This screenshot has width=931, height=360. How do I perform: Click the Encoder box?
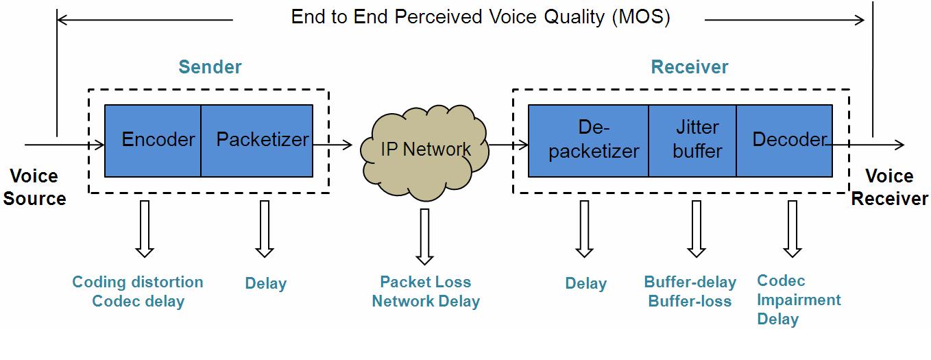pos(152,141)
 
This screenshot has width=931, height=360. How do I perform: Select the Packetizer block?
pos(257,141)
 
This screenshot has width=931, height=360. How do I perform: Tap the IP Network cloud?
pos(425,152)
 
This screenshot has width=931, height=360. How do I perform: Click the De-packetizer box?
pos(588,141)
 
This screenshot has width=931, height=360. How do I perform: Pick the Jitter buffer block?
pos(692,141)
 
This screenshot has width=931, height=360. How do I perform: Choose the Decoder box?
pos(784,141)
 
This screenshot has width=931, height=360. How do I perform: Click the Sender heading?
pos(210,67)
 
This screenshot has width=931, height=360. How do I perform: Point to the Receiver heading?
pos(690,67)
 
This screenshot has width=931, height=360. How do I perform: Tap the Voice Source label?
pos(34,187)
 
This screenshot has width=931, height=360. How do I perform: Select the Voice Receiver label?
pos(889,187)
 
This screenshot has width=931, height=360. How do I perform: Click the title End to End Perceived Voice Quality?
pos(481,17)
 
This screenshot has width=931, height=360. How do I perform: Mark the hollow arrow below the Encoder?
pos(145,229)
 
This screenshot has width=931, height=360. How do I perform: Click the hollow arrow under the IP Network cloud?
pos(425,237)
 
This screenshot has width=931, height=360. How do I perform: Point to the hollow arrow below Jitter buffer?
pos(697,229)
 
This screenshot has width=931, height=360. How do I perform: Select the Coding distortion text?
pos(138,282)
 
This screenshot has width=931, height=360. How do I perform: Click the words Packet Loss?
pos(426,282)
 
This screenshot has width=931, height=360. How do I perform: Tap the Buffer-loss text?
pos(690,301)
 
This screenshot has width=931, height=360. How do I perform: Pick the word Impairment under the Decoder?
pos(799,300)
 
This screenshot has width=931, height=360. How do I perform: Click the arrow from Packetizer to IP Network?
pos(332,145)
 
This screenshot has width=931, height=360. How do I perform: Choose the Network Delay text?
pos(426,301)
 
